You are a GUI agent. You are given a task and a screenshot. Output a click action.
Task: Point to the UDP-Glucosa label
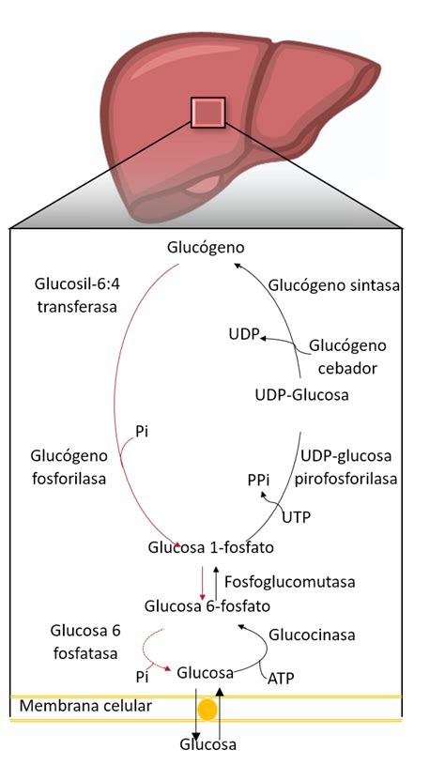click(301, 395)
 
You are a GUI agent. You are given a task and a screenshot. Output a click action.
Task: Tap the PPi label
click(259, 480)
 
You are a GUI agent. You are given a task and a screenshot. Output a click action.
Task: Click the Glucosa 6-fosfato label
click(206, 606)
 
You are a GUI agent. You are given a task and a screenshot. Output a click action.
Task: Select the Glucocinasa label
click(312, 635)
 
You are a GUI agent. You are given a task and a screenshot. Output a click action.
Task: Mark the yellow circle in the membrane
click(208, 709)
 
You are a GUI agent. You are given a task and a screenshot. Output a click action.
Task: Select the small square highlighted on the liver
click(207, 113)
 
